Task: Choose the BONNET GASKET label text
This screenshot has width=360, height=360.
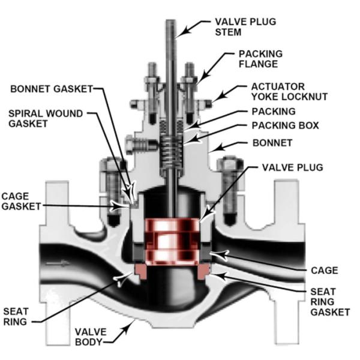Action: point(52,89)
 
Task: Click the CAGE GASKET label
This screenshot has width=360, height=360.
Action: point(22,201)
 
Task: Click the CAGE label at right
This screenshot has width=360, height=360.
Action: point(324,271)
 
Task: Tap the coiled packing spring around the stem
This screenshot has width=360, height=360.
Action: point(172,152)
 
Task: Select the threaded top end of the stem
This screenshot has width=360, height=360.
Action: point(172,30)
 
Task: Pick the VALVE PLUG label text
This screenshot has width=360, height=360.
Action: point(293,167)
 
